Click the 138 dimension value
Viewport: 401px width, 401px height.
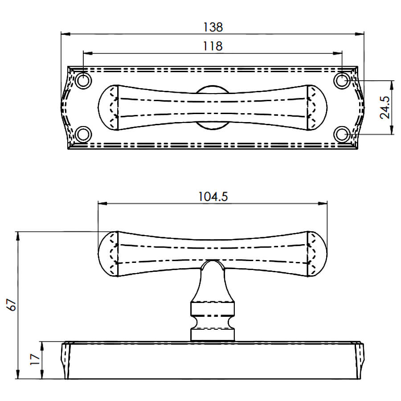pyautogui.click(x=213, y=27)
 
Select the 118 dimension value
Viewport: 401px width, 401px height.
pyautogui.click(x=213, y=46)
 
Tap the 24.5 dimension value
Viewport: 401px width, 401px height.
pyautogui.click(x=385, y=107)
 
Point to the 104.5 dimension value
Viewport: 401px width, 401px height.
pyautogui.click(x=213, y=196)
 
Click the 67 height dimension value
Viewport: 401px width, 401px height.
pyautogui.click(x=12, y=304)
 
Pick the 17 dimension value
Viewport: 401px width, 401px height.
pyautogui.click(x=35, y=359)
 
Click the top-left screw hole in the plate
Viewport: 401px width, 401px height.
pyautogui.click(x=83, y=81)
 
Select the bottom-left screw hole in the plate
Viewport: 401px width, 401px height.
pyautogui.click(x=83, y=134)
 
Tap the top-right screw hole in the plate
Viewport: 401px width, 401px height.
pyautogui.click(x=342, y=81)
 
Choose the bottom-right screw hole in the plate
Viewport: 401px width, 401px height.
pyautogui.click(x=342, y=134)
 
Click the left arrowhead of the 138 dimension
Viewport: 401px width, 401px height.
pyautogui.click(x=65, y=34)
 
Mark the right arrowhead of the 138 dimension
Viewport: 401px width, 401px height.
pyautogui.click(x=360, y=34)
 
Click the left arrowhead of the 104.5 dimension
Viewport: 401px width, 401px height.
pyautogui.click(x=102, y=204)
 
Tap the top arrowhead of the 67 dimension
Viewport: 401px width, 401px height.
pyautogui.click(x=18, y=236)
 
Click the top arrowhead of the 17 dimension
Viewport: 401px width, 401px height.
pyautogui.click(x=42, y=346)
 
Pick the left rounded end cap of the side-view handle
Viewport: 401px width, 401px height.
pyautogui.click(x=108, y=254)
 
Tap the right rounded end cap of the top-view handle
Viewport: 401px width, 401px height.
pyautogui.click(x=317, y=107)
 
